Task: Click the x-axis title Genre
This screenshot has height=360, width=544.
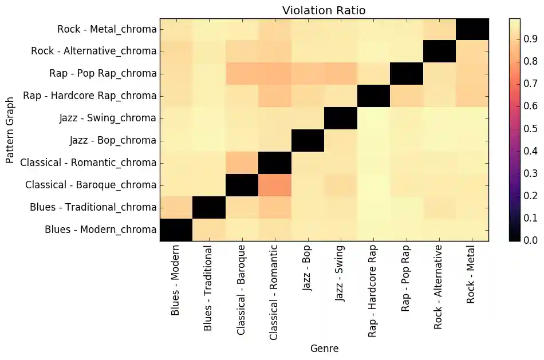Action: pos(324,348)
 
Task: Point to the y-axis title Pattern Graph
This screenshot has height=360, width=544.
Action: pos(10,129)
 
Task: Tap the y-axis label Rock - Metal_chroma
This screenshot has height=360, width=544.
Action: pos(107,29)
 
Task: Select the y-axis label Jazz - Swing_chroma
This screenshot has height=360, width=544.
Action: pos(108,118)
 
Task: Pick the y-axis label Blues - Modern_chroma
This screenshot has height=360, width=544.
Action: pos(100,230)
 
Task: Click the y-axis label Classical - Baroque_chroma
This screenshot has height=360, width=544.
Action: pos(91,185)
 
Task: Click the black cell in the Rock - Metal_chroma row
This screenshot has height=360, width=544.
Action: pos(472,29)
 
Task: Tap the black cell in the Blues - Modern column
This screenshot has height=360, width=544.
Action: pos(176,230)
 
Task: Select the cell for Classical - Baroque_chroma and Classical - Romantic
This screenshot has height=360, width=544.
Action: pos(275,185)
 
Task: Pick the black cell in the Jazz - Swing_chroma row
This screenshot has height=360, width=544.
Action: pos(341,118)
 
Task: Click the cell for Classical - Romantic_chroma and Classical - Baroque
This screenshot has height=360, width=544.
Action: pos(242,163)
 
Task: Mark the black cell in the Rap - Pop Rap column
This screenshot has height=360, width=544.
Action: pos(406,74)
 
